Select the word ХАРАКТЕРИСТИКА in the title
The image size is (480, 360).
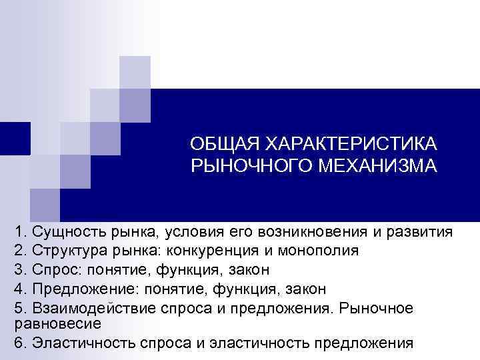pos(351,144)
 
